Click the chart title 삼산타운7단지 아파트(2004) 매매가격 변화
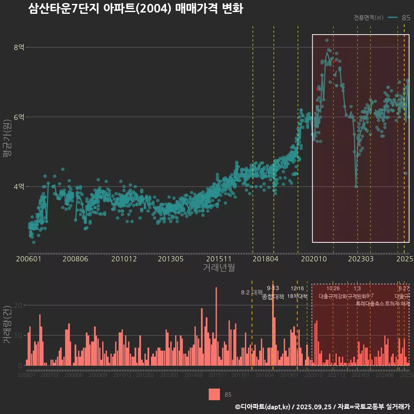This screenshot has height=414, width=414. (x=135, y=9)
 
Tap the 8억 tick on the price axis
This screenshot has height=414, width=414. (x=19, y=47)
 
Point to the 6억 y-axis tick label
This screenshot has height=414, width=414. (x=19, y=117)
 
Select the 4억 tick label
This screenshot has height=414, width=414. (x=19, y=187)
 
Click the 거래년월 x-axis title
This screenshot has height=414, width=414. (x=219, y=268)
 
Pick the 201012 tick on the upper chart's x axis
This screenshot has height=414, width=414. (x=124, y=259)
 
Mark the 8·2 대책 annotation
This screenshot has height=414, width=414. (x=251, y=292)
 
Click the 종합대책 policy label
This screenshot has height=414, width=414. (x=273, y=297)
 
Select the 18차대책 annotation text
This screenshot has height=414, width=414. (x=297, y=296)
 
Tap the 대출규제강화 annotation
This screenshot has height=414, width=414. (x=332, y=296)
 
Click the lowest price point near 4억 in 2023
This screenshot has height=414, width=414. (x=356, y=186)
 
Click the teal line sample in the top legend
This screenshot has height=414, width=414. (x=392, y=18)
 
